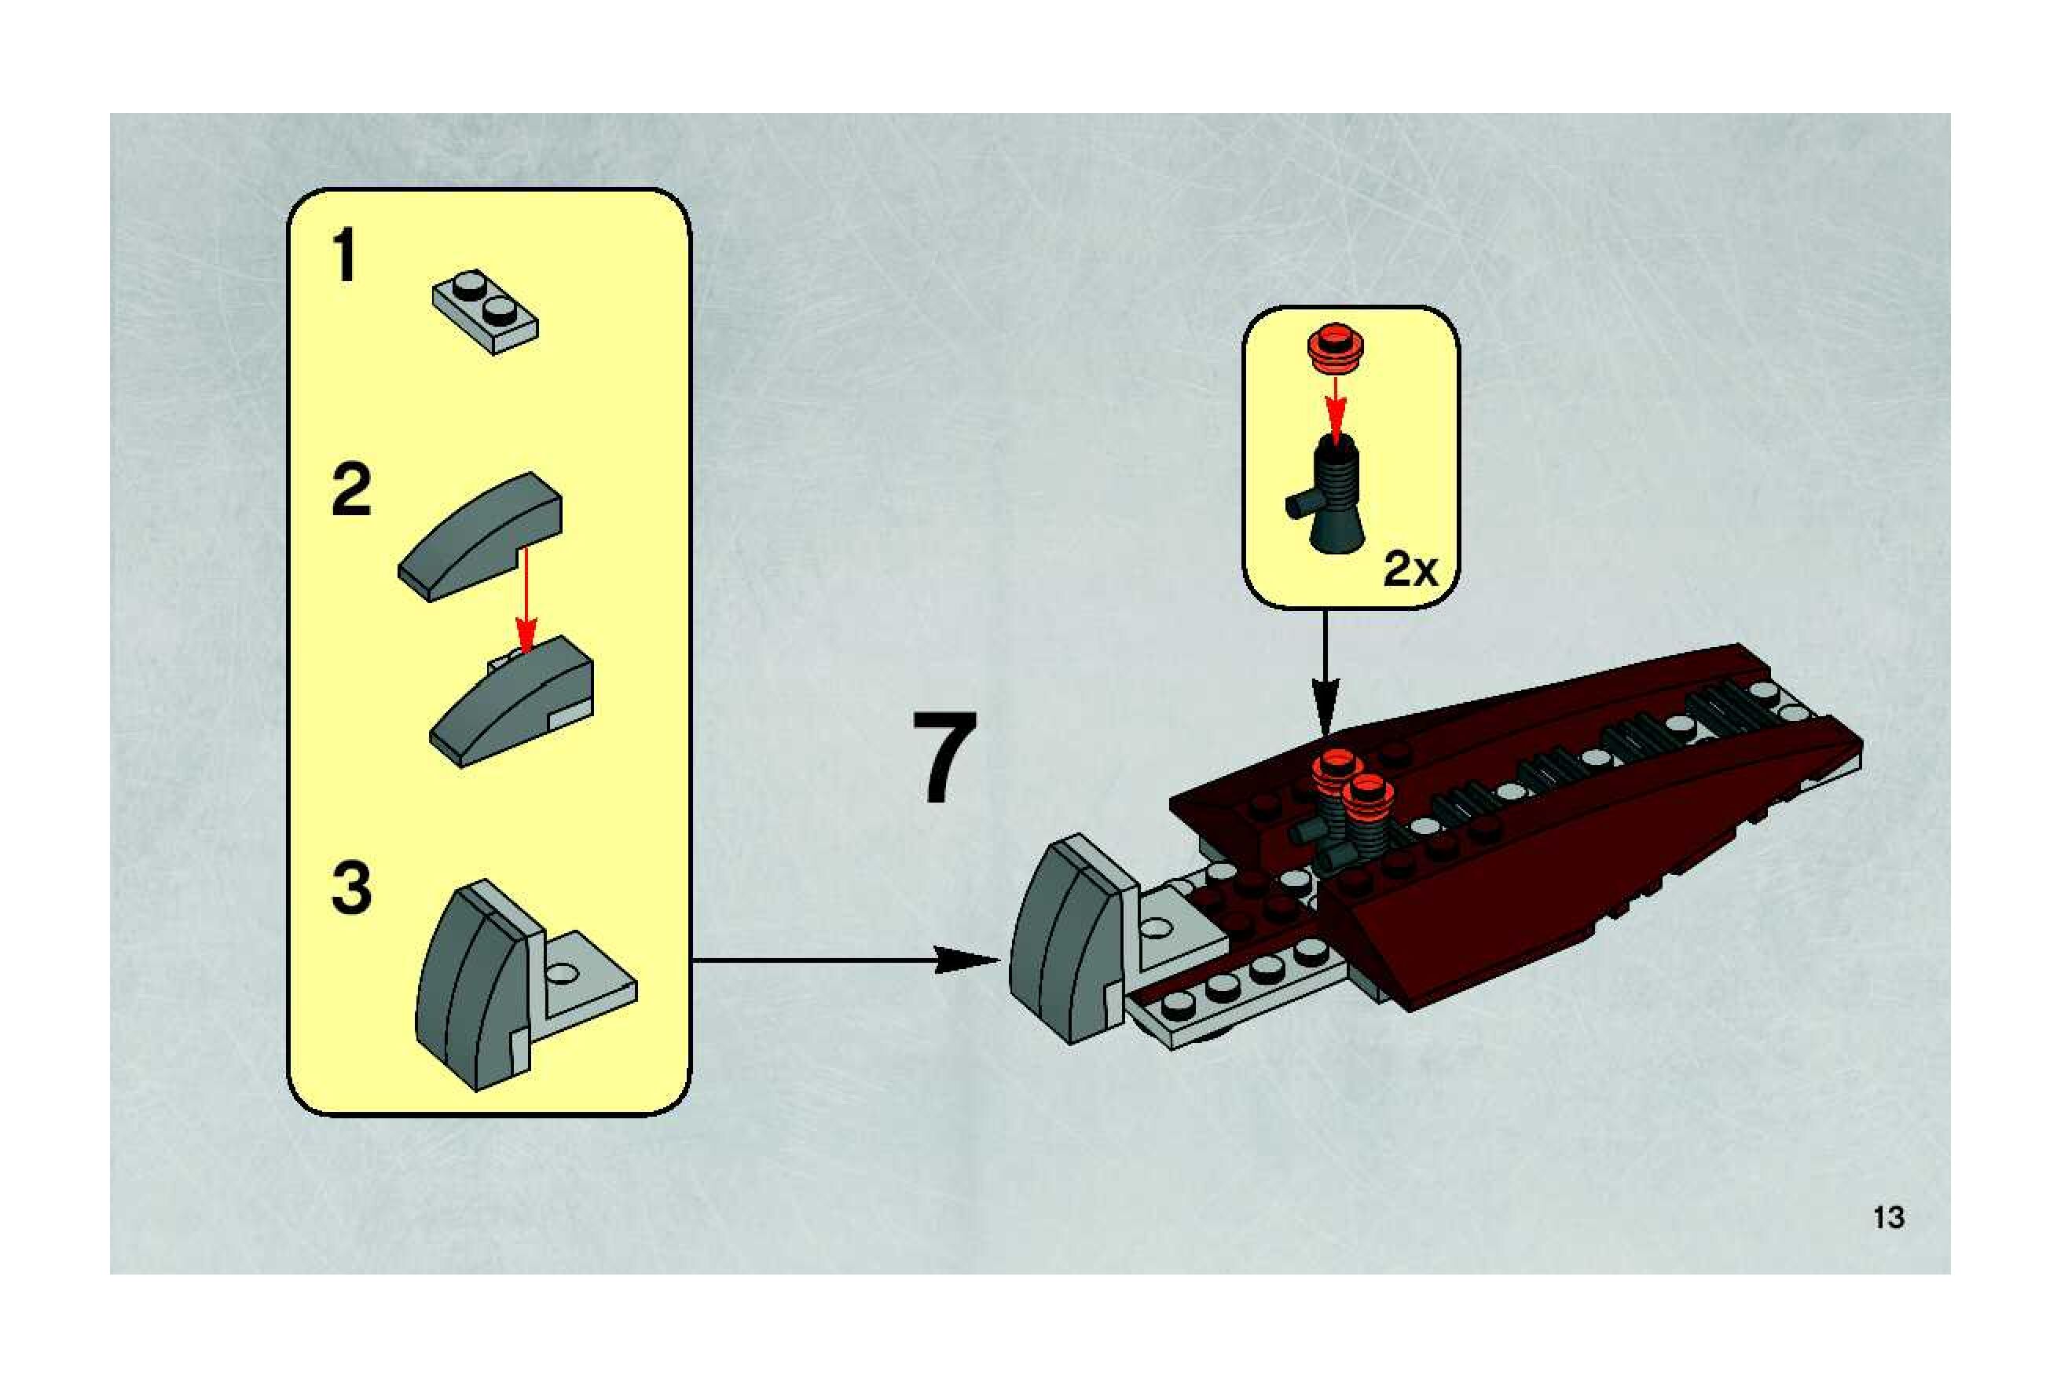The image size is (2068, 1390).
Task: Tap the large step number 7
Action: pyautogui.click(x=944, y=758)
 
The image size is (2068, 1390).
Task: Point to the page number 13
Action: pyautogui.click(x=1889, y=1218)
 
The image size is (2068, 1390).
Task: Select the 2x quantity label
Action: pyautogui.click(x=1410, y=569)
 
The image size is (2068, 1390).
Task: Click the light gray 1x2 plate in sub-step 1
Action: pyautogui.click(x=485, y=310)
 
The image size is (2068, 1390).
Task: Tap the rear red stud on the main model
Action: pyautogui.click(x=1339, y=769)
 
